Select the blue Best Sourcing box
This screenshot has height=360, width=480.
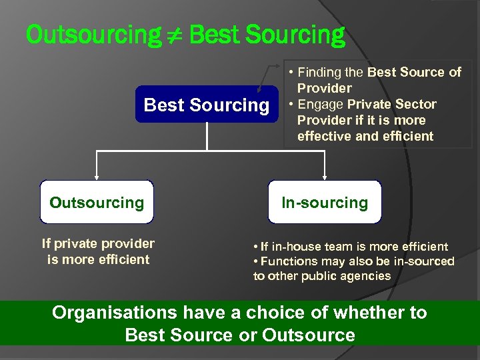pyautogui.click(x=207, y=105)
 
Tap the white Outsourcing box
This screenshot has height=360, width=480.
pyautogui.click(x=97, y=202)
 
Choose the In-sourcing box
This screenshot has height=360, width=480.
pyautogui.click(x=325, y=202)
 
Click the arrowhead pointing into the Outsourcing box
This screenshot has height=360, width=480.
pyautogui.click(x=97, y=177)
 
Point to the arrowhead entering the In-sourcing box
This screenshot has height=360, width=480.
pyautogui.click(x=325, y=177)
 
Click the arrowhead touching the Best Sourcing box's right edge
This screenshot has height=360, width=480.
pyautogui.click(x=260, y=88)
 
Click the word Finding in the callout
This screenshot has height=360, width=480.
pyautogui.click(x=319, y=72)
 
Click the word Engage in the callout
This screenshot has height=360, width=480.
pyautogui.click(x=320, y=104)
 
